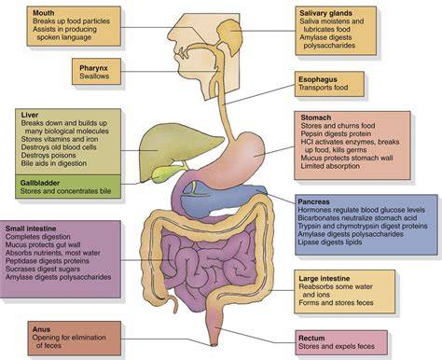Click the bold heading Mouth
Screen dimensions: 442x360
point(44,13)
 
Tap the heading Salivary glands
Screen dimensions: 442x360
point(325,13)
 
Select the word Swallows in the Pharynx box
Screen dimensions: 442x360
point(94,76)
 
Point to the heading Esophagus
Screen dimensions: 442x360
point(318,79)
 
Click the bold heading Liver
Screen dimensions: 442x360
point(30,115)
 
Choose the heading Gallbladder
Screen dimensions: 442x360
point(40,183)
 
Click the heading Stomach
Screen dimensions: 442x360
point(316,118)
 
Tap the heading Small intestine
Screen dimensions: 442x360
point(31,228)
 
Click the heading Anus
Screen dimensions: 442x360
point(41,329)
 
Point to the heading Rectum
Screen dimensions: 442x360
point(311,339)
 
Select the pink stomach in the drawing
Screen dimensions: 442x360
point(236,156)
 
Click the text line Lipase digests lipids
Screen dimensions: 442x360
point(330,242)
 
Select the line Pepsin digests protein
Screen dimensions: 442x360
point(336,134)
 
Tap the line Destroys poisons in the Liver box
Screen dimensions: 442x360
point(48,156)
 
